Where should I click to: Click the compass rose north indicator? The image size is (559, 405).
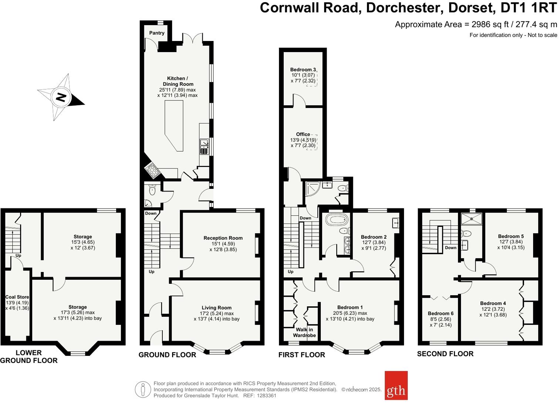(61, 98)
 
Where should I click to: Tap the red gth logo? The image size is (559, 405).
(396, 385)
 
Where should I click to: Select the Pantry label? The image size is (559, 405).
(157, 33)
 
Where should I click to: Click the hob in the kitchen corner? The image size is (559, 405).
(152, 170)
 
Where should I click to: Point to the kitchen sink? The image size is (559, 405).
(204, 146)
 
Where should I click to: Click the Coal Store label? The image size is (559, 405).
(17, 297)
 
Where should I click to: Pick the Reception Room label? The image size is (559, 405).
(223, 238)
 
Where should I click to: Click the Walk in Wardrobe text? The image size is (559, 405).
(304, 332)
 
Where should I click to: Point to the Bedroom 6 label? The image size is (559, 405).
(441, 313)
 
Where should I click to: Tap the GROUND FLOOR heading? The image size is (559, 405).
(167, 355)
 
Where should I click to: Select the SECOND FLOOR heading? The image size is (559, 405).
(445, 354)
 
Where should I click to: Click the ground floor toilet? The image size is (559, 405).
(152, 190)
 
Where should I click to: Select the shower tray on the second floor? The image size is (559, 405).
(472, 218)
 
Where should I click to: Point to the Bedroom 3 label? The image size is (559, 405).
(303, 69)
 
